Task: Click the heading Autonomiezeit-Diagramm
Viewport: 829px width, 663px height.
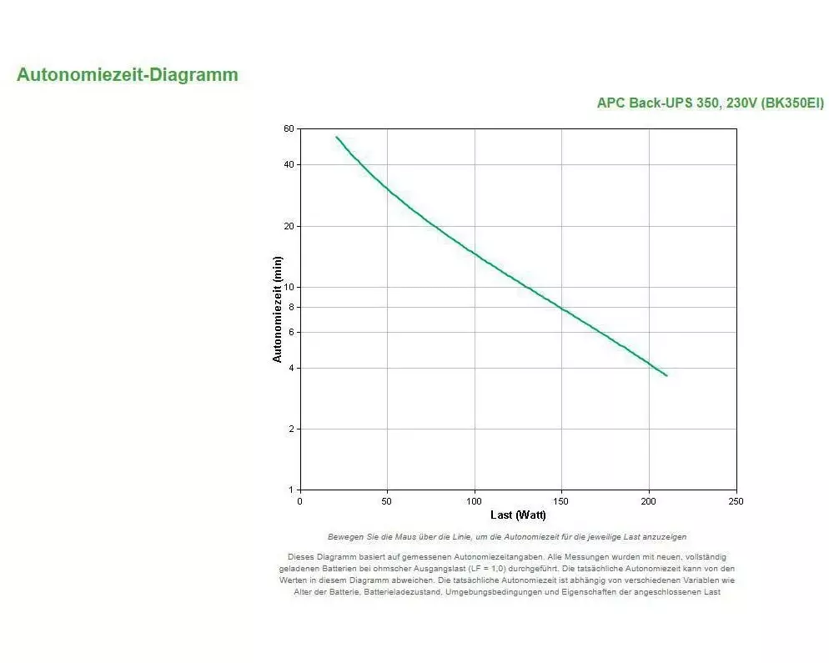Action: (127, 75)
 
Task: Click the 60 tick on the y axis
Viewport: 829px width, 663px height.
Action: (289, 129)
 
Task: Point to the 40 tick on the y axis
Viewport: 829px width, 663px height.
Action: (289, 165)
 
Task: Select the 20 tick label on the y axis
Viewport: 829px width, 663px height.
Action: (289, 227)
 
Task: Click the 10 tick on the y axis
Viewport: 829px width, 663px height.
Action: (289, 288)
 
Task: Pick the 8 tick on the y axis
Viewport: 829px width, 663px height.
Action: (292, 307)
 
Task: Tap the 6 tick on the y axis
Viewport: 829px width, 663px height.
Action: (292, 333)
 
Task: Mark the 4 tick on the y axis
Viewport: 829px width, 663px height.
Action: (292, 369)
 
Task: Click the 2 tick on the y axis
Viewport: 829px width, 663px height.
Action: (292, 429)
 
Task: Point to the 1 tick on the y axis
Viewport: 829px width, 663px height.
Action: (292, 490)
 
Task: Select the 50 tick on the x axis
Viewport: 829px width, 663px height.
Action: (387, 501)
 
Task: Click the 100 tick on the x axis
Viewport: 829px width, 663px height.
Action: (475, 501)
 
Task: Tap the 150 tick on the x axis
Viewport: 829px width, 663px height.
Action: (561, 501)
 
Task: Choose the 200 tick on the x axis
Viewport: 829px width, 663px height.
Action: (649, 501)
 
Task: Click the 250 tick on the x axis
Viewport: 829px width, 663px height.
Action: (736, 501)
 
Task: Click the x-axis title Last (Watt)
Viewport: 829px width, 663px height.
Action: (518, 515)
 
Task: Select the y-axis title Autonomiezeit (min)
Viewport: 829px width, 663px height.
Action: (278, 309)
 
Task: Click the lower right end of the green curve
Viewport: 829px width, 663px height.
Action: (666, 375)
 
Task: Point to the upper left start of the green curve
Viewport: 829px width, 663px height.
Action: (336, 137)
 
